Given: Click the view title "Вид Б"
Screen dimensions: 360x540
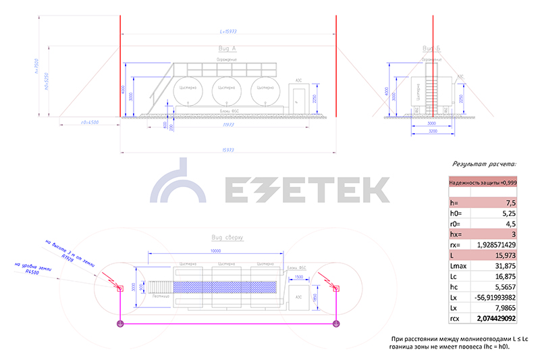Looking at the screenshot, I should pos(431,49).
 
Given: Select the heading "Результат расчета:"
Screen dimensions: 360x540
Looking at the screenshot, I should pos(484,163).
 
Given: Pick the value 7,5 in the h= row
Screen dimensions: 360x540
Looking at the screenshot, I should pos(506,203).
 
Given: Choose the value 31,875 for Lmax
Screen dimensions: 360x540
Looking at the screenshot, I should pos(503,267).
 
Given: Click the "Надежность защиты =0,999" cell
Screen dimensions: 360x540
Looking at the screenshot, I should pos(483,182).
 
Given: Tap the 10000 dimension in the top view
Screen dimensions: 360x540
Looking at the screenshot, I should pos(215,251).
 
